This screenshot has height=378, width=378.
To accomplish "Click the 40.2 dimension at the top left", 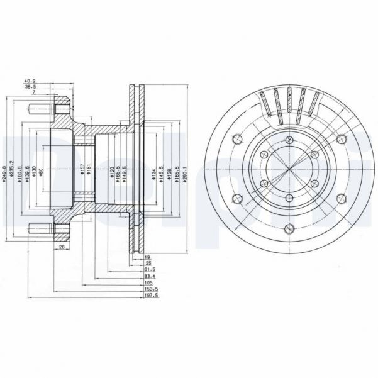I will pyautogui.click(x=30, y=81).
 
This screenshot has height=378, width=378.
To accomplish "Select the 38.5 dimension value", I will pyautogui.click(x=30, y=87).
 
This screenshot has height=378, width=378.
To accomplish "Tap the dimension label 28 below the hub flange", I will pyautogui.click(x=62, y=248).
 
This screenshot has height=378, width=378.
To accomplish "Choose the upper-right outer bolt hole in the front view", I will pyautogui.click(x=340, y=140).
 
